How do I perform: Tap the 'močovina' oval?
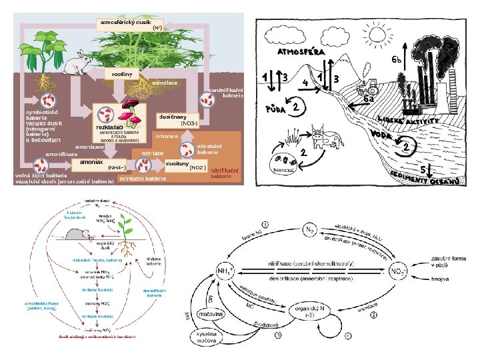click(213, 313)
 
